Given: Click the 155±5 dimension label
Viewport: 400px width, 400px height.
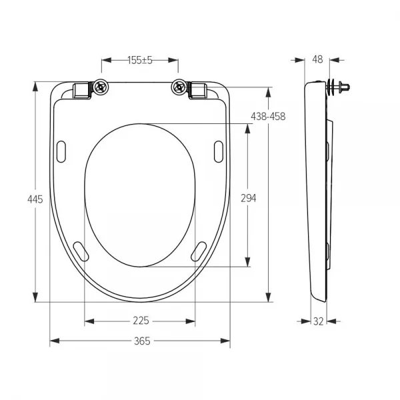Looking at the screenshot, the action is point(140,60).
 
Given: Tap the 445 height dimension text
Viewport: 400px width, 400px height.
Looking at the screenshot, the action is point(35,199).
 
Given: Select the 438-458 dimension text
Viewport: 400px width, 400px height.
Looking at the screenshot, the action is point(268,117).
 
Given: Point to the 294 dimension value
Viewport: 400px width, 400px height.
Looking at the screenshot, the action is point(248,198).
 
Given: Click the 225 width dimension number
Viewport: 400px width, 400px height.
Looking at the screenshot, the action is point(141,321).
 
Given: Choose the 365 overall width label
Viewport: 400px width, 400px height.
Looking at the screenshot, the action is point(142,341).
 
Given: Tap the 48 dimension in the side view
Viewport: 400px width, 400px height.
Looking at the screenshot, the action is point(317,59).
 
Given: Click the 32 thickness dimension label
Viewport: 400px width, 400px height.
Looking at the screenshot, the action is point(319,321).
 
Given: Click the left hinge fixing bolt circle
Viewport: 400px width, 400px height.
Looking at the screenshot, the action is point(101,87).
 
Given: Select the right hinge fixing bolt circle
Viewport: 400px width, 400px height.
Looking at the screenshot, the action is point(179,87).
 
